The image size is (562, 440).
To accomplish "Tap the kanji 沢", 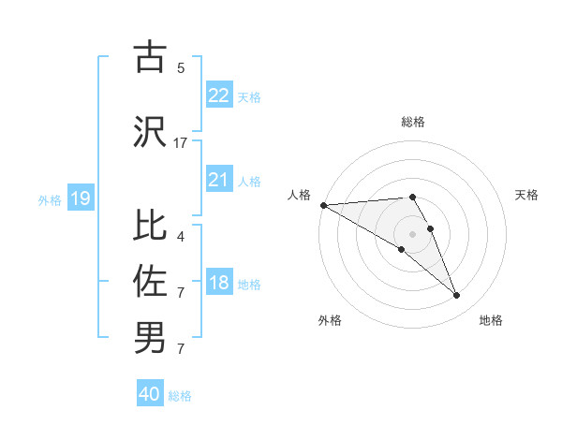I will pyautogui.click(x=150, y=132).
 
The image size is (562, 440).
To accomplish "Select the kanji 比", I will pyautogui.click(x=150, y=226).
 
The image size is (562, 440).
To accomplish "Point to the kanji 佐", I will pyautogui.click(x=150, y=280).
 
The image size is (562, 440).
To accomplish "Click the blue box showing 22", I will pyautogui.click(x=218, y=95).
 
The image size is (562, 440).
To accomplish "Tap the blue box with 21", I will pyautogui.click(x=218, y=180).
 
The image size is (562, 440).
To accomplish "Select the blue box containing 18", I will pyautogui.click(x=218, y=283).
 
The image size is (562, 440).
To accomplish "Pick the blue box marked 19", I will pyautogui.click(x=80, y=198).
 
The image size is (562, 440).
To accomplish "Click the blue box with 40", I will pyautogui.click(x=150, y=394).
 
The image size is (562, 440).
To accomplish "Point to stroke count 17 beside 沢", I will pyautogui.click(x=181, y=143).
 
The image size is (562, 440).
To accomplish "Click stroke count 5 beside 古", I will pyautogui.click(x=181, y=68).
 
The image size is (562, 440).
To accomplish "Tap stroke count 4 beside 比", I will pyautogui.click(x=181, y=237).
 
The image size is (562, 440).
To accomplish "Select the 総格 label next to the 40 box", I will pyautogui.click(x=180, y=396).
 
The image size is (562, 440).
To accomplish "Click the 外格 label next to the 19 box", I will pyautogui.click(x=49, y=199).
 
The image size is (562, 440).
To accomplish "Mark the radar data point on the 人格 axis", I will pyautogui.click(x=323, y=205).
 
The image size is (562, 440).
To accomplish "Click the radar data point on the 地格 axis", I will pyautogui.click(x=456, y=296).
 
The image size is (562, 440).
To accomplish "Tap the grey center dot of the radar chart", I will pyautogui.click(x=412, y=232).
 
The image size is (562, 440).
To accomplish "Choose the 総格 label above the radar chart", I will pyautogui.click(x=412, y=122).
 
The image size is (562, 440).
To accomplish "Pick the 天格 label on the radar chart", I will pyautogui.click(x=526, y=195).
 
